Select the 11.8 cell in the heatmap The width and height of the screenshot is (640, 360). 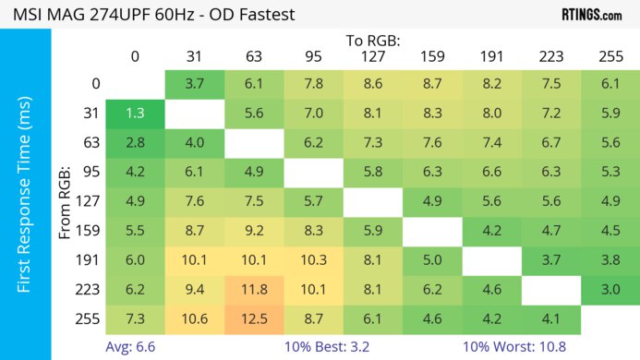coord(254,289)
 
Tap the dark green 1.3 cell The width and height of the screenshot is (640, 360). coord(135,114)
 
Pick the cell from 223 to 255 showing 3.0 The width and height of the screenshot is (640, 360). coord(610,289)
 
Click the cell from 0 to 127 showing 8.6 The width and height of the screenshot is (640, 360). coord(373,84)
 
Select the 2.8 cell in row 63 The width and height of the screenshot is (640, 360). coord(135,143)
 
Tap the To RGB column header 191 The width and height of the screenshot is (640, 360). coord(491,57)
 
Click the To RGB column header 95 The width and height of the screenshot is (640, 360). coord(313,57)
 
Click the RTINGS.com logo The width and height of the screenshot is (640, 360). coord(591,15)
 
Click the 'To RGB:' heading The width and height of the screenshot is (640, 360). coord(372,41)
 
